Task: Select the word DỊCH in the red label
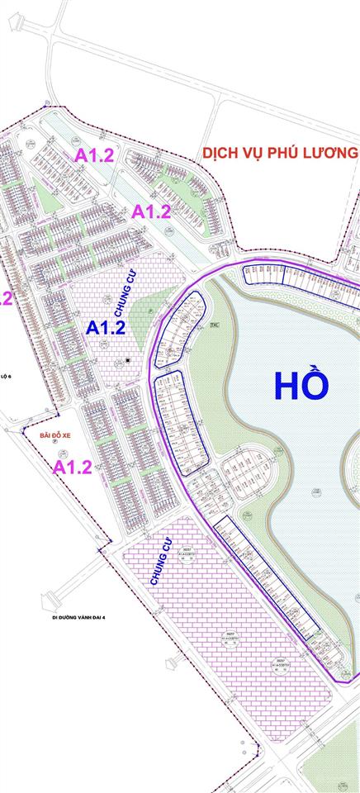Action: [x=225, y=154]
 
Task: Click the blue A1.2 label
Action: [x=106, y=327]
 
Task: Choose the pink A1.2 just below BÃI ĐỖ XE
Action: [x=72, y=468]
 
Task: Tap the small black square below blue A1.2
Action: [x=128, y=361]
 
